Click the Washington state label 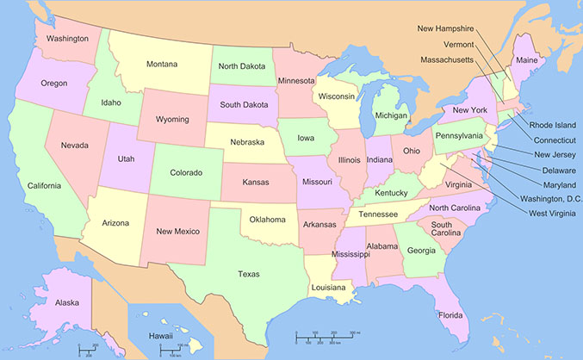[68, 39]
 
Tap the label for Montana [162, 65]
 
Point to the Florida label [450, 315]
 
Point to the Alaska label [43, 303]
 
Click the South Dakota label [242, 105]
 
